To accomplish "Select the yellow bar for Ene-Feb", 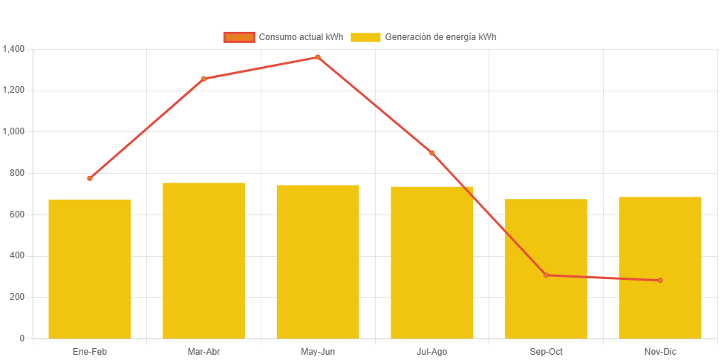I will tap(90, 269).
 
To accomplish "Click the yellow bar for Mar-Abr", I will tap(203, 261).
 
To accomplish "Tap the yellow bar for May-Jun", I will tap(318, 261).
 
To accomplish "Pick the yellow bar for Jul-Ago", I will tap(432, 262).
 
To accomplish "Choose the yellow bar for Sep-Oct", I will tap(546, 269).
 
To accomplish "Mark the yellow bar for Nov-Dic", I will tap(660, 267).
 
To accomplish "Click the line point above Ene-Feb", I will tap(90, 178).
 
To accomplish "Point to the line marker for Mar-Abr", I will tap(203, 79).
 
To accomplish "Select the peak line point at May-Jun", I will tap(318, 57).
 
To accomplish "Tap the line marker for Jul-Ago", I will tap(432, 153).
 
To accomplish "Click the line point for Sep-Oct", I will tap(546, 275).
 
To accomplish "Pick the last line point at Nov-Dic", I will tap(660, 281).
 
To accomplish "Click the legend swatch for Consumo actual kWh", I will tap(238, 37).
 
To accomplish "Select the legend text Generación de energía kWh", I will tap(440, 37).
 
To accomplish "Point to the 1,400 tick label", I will tap(14, 49).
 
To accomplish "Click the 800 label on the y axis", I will tap(17, 173).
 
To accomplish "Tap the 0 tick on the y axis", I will tap(22, 338).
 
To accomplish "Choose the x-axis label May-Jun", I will tap(318, 351).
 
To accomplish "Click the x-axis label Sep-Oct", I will tap(546, 351).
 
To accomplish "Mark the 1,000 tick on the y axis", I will tap(14, 131).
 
